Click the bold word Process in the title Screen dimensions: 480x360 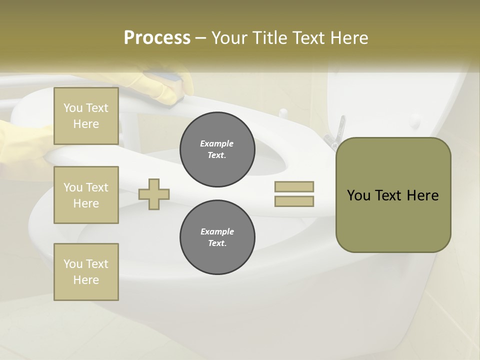click(x=157, y=38)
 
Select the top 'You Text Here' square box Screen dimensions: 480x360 click(x=86, y=116)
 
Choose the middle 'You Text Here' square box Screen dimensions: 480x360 click(x=86, y=195)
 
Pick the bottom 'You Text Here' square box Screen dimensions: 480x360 click(x=86, y=271)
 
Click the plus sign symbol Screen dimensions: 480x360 click(x=154, y=193)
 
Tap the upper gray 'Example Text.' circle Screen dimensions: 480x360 click(x=217, y=149)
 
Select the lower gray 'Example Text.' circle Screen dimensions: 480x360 click(x=217, y=237)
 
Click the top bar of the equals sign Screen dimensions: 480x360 click(x=294, y=186)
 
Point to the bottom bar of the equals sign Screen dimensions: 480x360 click(x=294, y=201)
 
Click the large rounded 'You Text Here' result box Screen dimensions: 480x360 click(x=393, y=195)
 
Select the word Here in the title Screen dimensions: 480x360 click(x=349, y=38)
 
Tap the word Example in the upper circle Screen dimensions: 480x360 click(x=217, y=143)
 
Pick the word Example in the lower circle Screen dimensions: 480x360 click(x=217, y=231)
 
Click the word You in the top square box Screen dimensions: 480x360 click(x=73, y=108)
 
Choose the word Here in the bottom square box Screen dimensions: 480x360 click(x=86, y=280)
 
